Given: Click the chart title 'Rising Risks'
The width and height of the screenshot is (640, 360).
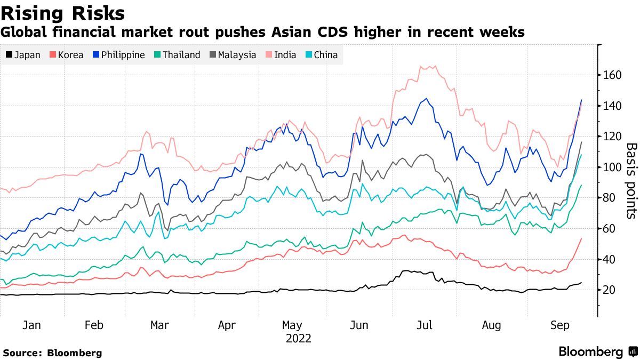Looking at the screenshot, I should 63,13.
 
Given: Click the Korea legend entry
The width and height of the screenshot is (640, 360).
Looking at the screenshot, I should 66,54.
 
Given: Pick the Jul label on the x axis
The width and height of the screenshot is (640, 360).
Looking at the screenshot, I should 425,325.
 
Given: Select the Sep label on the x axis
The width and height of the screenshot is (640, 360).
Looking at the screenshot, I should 559,325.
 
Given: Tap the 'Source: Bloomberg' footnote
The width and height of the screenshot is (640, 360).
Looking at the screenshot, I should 52,353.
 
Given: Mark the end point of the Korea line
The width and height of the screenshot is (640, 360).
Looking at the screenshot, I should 581,238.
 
